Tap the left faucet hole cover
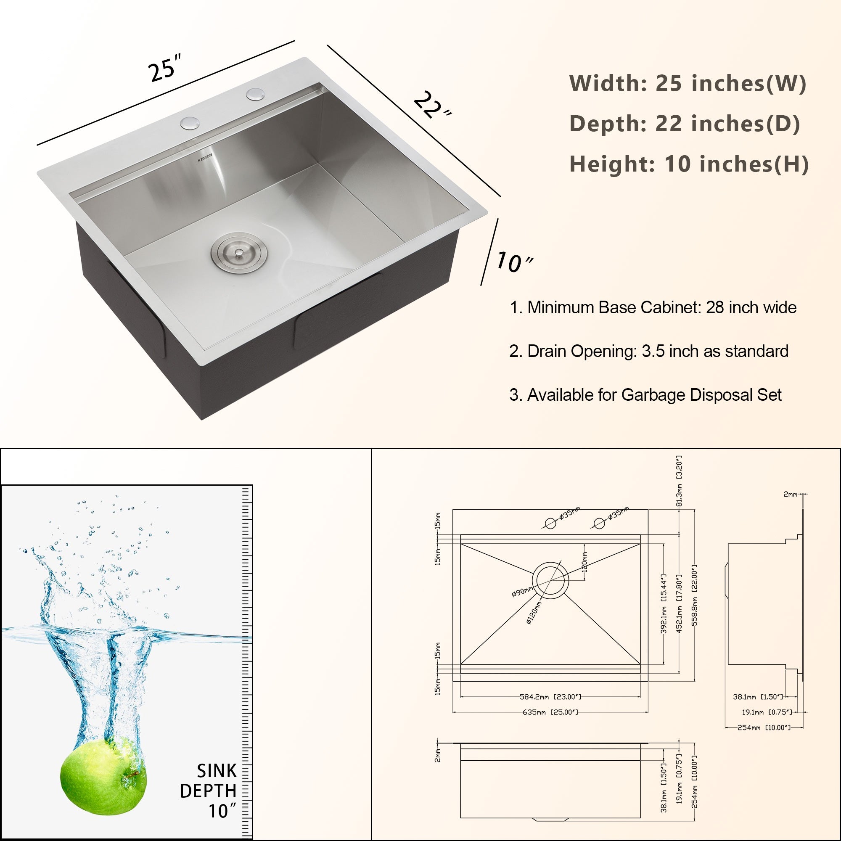(x=190, y=123)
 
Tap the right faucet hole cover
(x=255, y=94)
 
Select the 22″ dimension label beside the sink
(x=431, y=106)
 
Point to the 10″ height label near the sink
(x=514, y=262)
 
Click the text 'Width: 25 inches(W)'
(x=688, y=83)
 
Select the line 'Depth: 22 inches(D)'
(x=684, y=124)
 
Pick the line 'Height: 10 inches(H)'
(x=689, y=164)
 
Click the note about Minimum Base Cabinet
(x=653, y=308)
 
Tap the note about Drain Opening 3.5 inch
(x=648, y=351)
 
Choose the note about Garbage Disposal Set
(x=645, y=395)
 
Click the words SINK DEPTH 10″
(x=209, y=791)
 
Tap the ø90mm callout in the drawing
(x=521, y=592)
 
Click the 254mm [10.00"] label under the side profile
(x=764, y=728)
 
